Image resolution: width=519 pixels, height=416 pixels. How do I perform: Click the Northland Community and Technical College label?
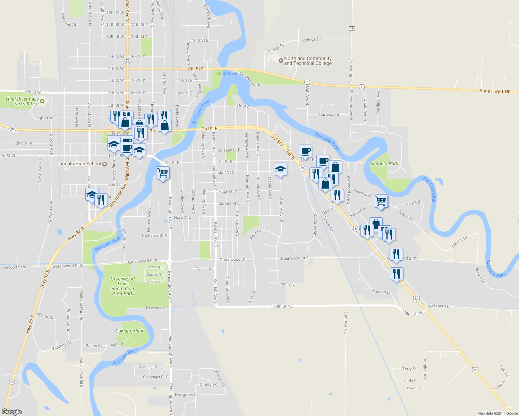[308, 61]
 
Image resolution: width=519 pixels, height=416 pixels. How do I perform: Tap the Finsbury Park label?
[384, 164]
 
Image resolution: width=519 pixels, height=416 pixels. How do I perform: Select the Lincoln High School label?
[80, 164]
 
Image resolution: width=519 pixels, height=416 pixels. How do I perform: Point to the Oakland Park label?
[129, 331]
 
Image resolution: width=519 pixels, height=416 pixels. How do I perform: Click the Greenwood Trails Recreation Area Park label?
[123, 286]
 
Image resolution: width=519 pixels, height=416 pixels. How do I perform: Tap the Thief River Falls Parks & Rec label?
[22, 101]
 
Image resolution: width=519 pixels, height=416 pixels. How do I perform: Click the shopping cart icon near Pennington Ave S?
[163, 172]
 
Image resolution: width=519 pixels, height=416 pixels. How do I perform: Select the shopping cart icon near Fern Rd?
[381, 201]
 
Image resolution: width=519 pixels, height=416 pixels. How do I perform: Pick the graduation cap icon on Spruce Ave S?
[280, 169]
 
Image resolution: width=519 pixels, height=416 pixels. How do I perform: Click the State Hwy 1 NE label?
[495, 91]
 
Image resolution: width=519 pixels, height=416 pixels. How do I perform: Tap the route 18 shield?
[352, 28]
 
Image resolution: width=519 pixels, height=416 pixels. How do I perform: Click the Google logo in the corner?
[12, 412]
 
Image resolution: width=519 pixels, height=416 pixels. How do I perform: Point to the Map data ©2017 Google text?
[497, 413]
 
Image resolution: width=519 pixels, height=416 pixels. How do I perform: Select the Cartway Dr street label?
[329, 115]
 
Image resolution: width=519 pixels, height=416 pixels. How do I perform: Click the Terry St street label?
[409, 369]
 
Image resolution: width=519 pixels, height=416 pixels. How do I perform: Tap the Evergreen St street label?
[186, 395]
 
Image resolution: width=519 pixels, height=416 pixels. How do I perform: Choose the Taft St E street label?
[241, 106]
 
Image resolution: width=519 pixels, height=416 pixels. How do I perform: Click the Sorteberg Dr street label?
[439, 306]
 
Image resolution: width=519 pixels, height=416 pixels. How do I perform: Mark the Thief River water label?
[227, 73]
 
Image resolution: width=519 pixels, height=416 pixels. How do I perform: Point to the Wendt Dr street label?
[45, 316]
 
